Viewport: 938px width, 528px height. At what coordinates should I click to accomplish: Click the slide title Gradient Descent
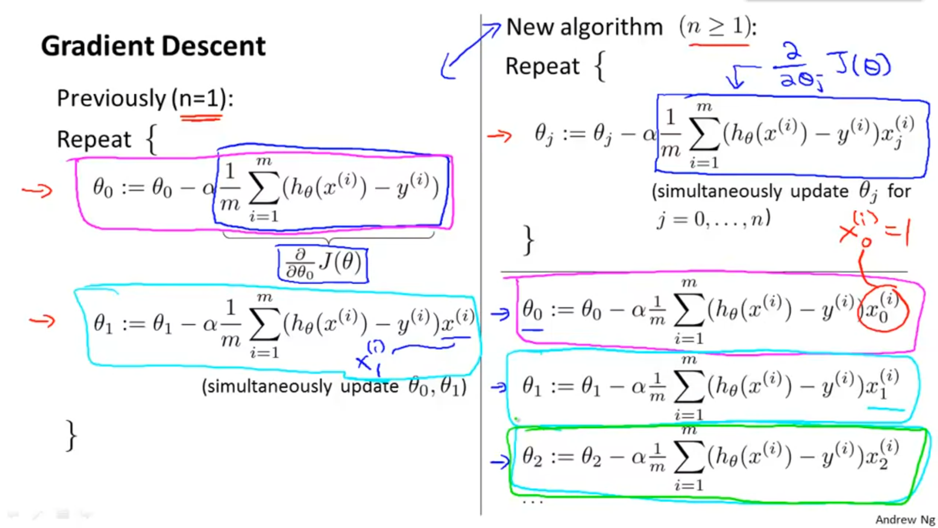point(153,46)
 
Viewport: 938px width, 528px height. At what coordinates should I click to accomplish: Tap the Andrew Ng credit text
point(905,519)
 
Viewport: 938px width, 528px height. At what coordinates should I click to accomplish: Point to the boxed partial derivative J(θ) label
point(323,264)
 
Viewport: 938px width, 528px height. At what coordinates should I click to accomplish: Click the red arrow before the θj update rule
point(499,135)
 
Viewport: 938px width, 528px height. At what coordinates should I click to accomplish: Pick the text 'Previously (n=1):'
point(145,98)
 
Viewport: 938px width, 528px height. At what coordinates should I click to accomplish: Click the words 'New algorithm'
point(584,27)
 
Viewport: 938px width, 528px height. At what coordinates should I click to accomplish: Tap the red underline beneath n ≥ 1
point(719,45)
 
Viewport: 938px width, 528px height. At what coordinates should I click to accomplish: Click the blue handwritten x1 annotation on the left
point(370,359)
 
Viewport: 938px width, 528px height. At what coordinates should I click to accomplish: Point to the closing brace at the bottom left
point(71,435)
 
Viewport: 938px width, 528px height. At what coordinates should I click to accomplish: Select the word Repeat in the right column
point(542,66)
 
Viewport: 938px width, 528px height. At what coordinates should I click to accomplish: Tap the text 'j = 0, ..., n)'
point(713,220)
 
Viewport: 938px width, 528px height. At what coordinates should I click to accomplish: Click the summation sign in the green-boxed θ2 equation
point(689,457)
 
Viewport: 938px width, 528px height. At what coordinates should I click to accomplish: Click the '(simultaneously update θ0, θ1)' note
point(334,387)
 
